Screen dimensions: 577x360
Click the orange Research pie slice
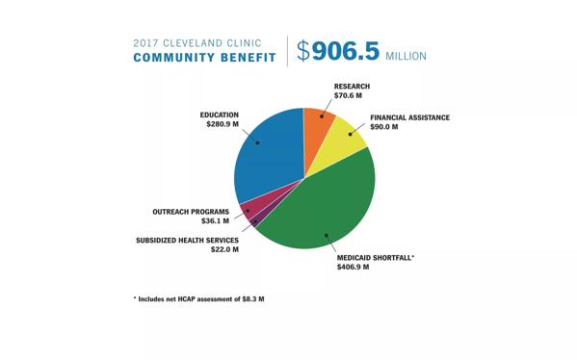[x=317, y=133]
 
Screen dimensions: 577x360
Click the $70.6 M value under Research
[x=348, y=95]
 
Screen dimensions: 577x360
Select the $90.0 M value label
[x=383, y=127]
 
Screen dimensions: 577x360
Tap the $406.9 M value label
[x=353, y=267]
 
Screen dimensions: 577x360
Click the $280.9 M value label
[x=223, y=124]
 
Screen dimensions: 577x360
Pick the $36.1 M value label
[x=215, y=221]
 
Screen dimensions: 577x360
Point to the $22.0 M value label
[x=224, y=249]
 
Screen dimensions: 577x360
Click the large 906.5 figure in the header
[x=346, y=51]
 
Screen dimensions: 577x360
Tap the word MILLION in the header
[x=406, y=56]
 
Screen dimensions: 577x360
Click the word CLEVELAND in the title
[x=193, y=43]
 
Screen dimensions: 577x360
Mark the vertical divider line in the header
[x=287, y=51]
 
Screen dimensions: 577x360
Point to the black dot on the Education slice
[x=257, y=142]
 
